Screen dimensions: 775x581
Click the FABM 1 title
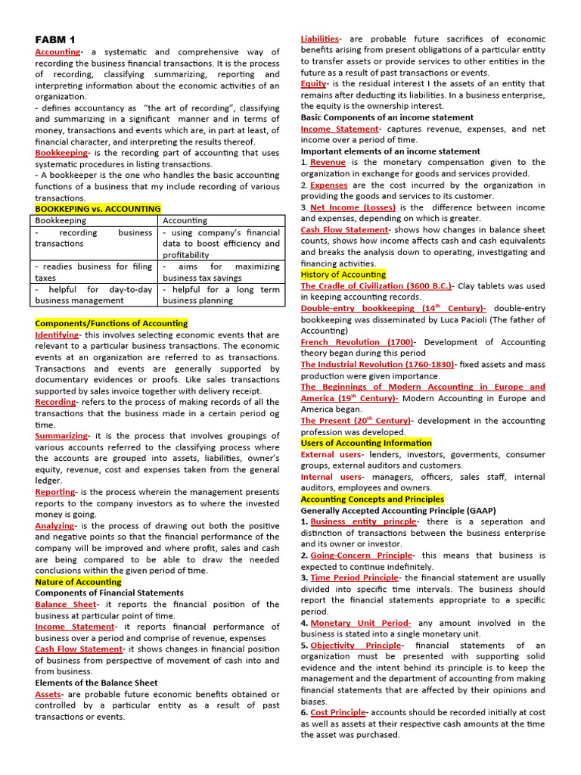pyautogui.click(x=56, y=39)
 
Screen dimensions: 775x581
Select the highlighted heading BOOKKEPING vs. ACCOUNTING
pyautogui.click(x=98, y=208)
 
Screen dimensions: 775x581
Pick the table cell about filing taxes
pyautogui.click(x=95, y=272)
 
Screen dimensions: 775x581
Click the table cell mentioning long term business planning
pyautogui.click(x=221, y=294)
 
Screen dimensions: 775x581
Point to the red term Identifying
pyautogui.click(x=57, y=335)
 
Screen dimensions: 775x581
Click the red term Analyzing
pyautogui.click(x=54, y=525)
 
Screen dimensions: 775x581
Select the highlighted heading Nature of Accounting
pyautogui.click(x=78, y=581)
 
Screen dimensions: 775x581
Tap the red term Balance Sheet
pyautogui.click(x=66, y=604)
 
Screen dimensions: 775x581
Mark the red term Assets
pyautogui.click(x=48, y=694)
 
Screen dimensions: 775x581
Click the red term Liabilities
pyautogui.click(x=320, y=39)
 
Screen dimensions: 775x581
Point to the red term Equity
pyautogui.click(x=313, y=83)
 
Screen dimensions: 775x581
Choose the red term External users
pyautogui.click(x=331, y=454)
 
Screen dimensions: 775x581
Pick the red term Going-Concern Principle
pyautogui.click(x=361, y=555)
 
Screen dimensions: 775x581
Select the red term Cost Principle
pyautogui.click(x=337, y=712)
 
